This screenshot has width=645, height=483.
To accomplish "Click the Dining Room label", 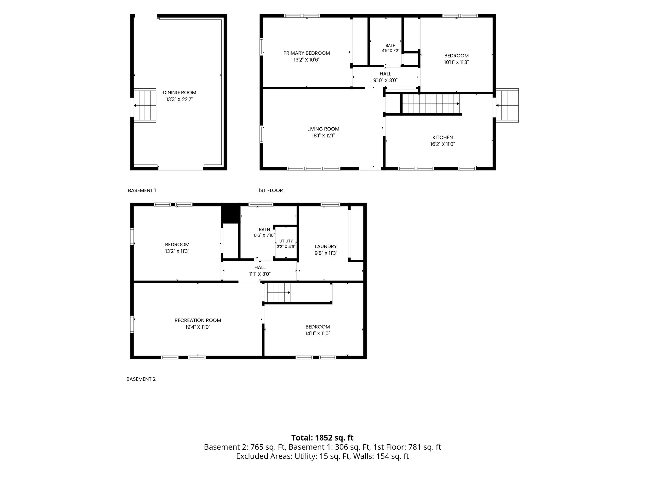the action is coord(179,92).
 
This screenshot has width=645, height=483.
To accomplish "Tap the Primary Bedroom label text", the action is coord(306,53).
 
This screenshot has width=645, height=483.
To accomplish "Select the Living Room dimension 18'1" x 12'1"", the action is coord(323,136).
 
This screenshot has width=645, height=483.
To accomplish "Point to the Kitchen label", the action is coord(442,137).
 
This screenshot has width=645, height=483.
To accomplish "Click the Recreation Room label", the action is coord(198,320).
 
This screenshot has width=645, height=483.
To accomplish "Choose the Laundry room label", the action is coord(326,247).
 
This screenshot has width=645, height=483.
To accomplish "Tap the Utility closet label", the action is coord(286,241).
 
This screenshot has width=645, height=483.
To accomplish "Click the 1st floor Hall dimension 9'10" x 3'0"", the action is coord(385,80).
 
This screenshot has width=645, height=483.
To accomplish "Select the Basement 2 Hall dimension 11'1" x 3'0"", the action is coord(260,274).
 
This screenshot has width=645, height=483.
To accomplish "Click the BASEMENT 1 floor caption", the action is coord(142,191).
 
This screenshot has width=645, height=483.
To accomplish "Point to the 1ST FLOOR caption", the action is coord(271,191).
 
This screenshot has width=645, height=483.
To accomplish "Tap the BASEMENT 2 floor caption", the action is coord(141,379).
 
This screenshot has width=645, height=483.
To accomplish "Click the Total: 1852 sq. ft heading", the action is coord(322,438).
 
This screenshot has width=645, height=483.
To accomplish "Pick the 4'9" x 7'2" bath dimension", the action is coord(391,51).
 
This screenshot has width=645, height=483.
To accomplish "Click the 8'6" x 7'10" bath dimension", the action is coord(264,235).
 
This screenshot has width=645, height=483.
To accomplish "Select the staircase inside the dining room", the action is coord(145,105).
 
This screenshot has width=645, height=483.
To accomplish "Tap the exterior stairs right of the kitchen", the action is coord(507,105).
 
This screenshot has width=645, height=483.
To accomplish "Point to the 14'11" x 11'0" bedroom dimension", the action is coord(317,334).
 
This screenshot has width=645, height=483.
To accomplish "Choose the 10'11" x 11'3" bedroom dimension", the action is coord(456,62).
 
